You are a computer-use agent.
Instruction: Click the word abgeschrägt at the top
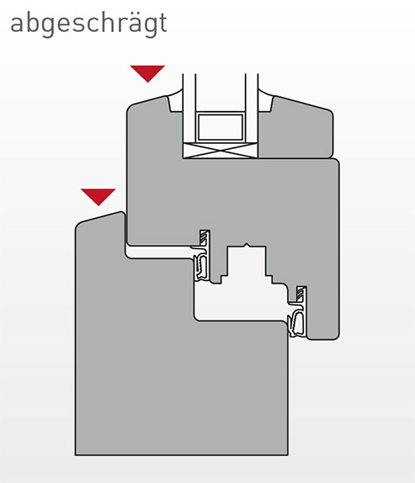pyautogui.click(x=88, y=24)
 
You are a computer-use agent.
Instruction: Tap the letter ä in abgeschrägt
pyautogui.click(x=132, y=23)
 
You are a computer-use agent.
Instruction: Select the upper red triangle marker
pyautogui.click(x=147, y=73)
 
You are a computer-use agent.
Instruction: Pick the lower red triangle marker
pyautogui.click(x=98, y=197)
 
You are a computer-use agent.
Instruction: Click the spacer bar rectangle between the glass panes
pyautogui.click(x=220, y=127)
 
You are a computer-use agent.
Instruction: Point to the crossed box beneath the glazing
pyautogui.click(x=220, y=151)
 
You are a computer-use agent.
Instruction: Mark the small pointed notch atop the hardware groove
pyautogui.click(x=246, y=245)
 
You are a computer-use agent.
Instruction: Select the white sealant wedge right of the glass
pyautogui.click(x=265, y=102)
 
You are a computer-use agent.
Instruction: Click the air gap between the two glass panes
pyautogui.click(x=221, y=93)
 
